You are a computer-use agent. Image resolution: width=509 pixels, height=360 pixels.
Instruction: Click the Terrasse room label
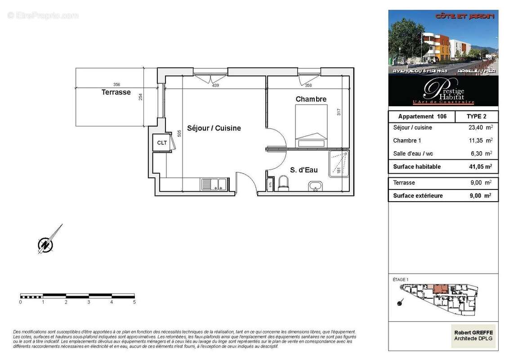coord(116,92)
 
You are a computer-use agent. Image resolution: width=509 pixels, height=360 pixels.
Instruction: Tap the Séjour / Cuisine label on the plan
coord(214,128)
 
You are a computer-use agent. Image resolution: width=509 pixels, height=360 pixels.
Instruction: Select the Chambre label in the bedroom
coord(311,99)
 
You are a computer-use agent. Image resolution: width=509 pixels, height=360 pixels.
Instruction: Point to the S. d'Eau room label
coord(304,170)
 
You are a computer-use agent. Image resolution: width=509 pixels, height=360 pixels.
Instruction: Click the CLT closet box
coord(161,143)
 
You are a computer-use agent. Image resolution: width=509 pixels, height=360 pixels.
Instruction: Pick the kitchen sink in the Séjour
coord(214,184)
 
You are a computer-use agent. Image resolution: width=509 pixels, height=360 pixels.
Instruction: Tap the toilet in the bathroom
coord(283,183)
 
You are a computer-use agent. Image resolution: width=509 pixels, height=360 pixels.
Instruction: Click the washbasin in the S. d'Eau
coord(316,185)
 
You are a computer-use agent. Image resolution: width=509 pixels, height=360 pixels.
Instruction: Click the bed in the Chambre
coord(310,126)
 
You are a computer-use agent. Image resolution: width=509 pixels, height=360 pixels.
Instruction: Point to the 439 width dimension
coord(215,85)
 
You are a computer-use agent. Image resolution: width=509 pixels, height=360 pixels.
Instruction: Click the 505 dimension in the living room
coord(179,134)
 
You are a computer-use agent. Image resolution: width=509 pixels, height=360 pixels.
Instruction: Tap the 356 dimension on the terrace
coord(117,85)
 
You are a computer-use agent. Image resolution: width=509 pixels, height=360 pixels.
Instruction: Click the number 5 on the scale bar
coord(134,302)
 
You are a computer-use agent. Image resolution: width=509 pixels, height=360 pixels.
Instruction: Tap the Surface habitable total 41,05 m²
coord(480,167)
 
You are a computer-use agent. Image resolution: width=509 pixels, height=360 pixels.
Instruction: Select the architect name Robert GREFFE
coord(473,333)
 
